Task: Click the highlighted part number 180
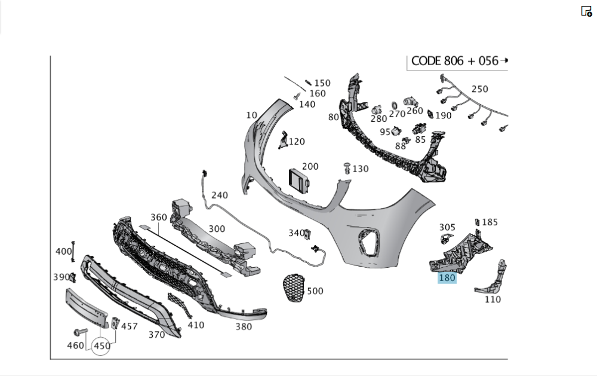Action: tap(447, 277)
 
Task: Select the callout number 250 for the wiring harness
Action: tap(479, 89)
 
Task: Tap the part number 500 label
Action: tap(315, 291)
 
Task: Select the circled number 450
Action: tap(101, 346)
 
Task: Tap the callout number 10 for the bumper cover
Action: tap(251, 115)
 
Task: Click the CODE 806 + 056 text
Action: tap(454, 61)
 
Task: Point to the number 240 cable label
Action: tap(219, 195)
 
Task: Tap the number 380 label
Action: tap(244, 327)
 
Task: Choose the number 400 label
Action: tap(63, 252)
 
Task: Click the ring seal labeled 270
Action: tap(395, 105)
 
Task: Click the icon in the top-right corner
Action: tap(586, 11)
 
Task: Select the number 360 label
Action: tap(158, 218)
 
